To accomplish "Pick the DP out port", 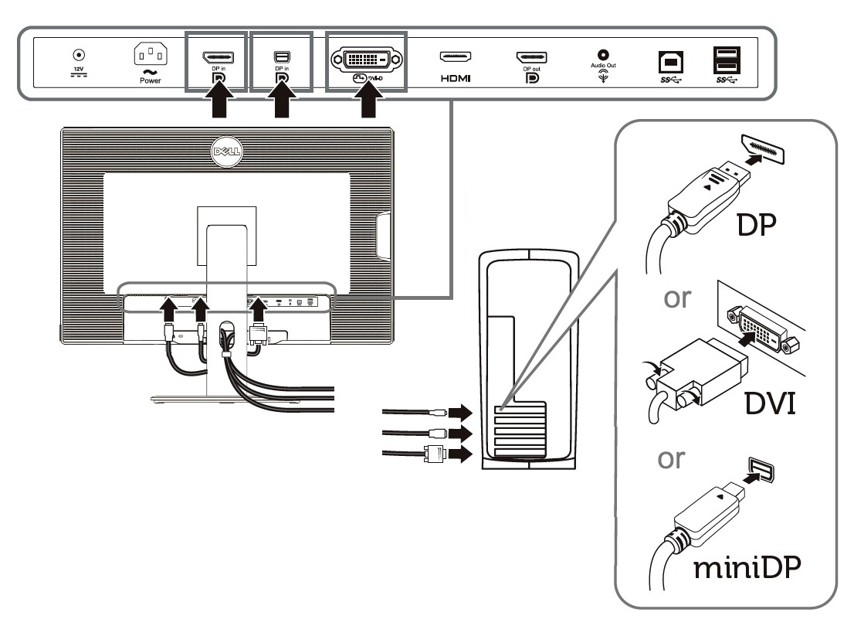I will pyautogui.click(x=531, y=56).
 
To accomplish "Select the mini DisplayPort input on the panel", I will pyautogui.click(x=281, y=56).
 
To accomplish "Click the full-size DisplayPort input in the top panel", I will pyautogui.click(x=218, y=56).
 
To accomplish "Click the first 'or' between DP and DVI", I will pyautogui.click(x=677, y=298).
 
